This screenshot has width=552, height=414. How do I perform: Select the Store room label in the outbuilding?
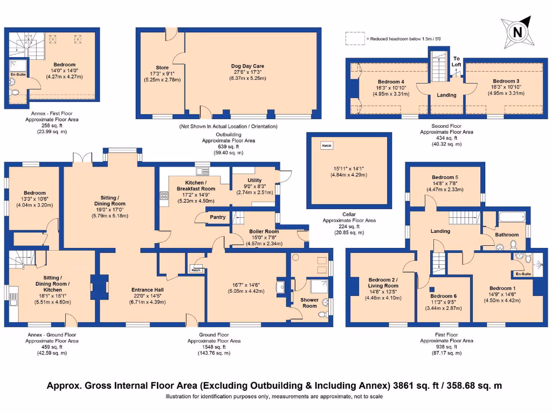tap(162, 68)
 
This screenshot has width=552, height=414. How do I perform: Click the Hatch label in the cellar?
tap(327, 146)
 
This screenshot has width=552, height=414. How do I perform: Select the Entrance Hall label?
tap(148, 290)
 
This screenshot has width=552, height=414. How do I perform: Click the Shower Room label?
tap(309, 302)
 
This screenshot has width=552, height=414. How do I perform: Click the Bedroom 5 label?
tap(446, 177)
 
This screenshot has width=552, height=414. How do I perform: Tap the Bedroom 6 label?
tap(443, 296)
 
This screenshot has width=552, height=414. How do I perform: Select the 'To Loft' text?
tap(457, 61)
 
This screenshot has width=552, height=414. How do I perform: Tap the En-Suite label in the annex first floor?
tap(17, 75)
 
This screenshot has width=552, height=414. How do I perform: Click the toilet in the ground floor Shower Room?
tap(323, 315)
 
